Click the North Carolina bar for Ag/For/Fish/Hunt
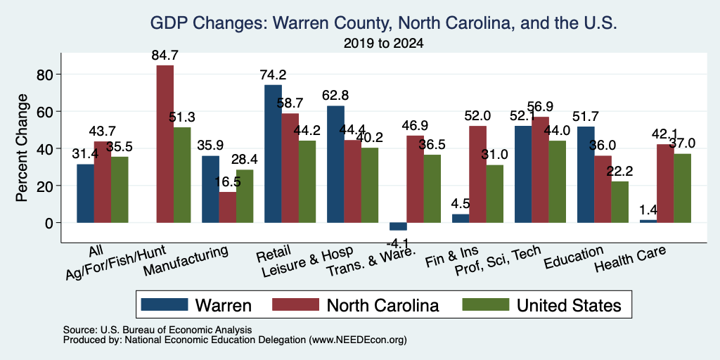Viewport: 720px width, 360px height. pos(165,144)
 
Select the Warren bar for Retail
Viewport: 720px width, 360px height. pos(274,154)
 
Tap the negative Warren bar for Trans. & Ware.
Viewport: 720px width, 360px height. pos(398,226)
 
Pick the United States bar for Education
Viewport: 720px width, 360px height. pos(620,202)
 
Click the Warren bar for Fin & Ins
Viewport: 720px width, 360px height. pos(461,219)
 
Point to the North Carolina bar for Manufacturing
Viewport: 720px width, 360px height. pos(228,207)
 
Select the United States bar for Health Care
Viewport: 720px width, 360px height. pos(682,188)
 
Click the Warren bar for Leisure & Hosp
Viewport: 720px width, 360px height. pos(335,165)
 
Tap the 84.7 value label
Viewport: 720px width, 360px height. pos(165,56)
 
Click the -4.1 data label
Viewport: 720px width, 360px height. pos(398,242)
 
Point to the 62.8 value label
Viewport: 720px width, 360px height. pos(335,96)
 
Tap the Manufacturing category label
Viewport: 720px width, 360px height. pos(186,261)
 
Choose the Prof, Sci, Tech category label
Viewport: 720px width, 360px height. pos(497,261)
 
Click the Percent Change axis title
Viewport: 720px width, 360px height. pos(22,148)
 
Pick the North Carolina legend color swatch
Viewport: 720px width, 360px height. pos(296,304)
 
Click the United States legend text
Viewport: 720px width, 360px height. pos(569,305)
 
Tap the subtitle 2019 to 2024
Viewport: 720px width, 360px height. pos(383,44)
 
